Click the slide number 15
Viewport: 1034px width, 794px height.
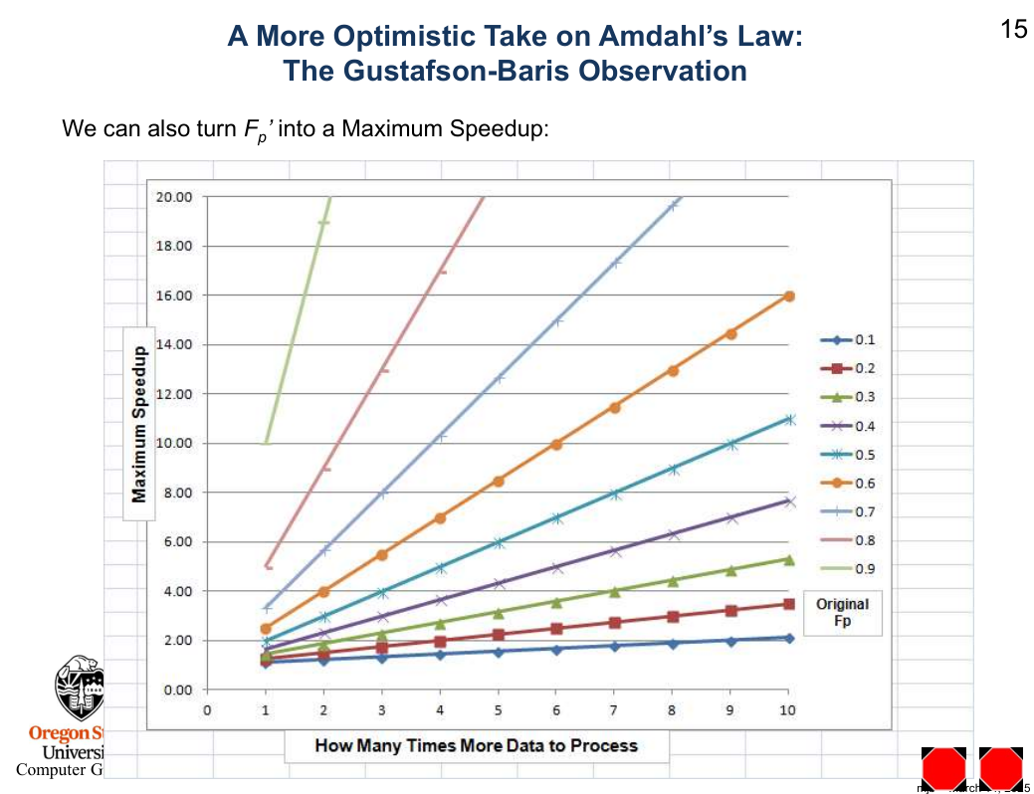[1013, 30]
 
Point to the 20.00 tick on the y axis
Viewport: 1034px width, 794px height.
[174, 197]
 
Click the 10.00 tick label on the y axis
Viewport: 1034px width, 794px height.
[174, 443]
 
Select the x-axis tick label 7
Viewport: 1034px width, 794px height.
[614, 710]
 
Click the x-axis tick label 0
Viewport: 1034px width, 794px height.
[207, 710]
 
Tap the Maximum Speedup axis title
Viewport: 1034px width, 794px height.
[140, 423]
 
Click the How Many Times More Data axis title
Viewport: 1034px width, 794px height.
[476, 745]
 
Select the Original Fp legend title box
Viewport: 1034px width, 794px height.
[842, 612]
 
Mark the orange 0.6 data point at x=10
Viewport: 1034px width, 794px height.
[789, 296]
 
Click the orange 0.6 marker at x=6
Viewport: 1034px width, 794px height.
[556, 444]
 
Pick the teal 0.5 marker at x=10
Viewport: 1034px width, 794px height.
[789, 419]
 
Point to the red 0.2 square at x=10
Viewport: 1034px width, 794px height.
[789, 604]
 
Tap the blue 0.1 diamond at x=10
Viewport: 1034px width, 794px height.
[789, 638]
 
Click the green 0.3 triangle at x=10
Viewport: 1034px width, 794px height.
[789, 560]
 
